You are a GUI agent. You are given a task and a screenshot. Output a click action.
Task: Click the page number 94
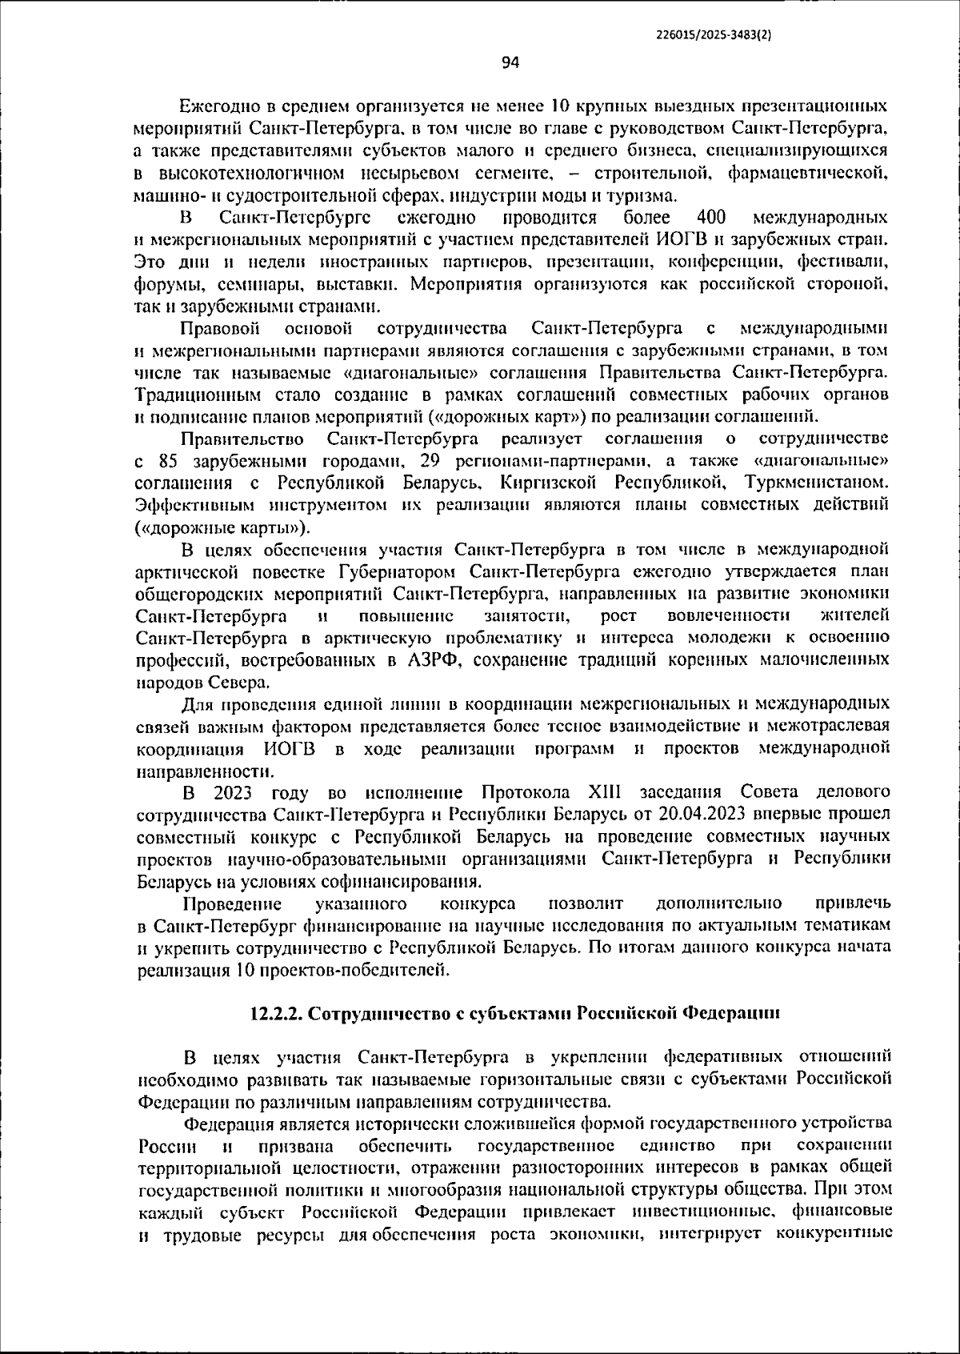511,62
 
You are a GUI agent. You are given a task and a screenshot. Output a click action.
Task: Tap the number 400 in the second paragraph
711,218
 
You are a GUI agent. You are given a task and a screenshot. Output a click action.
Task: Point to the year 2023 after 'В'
233,793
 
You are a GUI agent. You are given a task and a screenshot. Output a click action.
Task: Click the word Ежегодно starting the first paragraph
217,106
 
